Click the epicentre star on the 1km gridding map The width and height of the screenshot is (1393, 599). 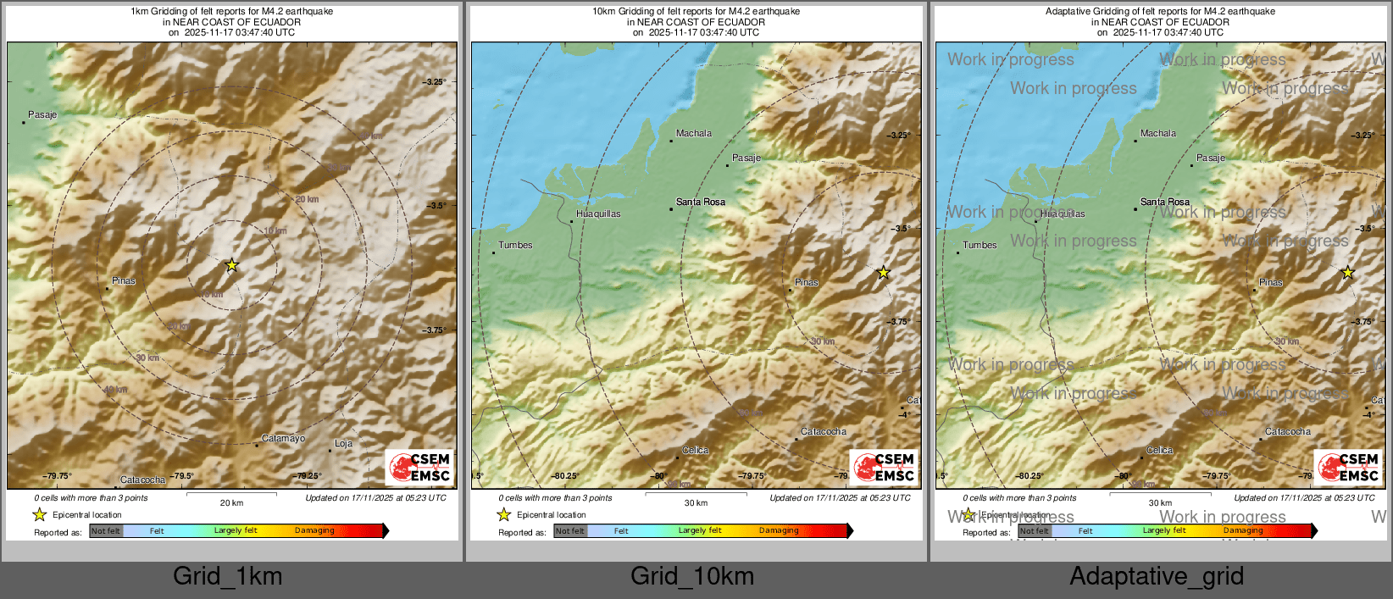pyautogui.click(x=231, y=265)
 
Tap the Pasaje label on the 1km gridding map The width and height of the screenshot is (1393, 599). pyautogui.click(x=42, y=115)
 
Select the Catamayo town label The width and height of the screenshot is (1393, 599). pyautogui.click(x=283, y=439)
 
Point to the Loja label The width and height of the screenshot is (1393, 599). pyautogui.click(x=343, y=444)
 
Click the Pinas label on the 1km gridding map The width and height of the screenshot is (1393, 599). pyautogui.click(x=124, y=281)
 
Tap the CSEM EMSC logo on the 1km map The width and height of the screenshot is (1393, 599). pyautogui.click(x=420, y=467)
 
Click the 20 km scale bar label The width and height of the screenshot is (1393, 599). pyautogui.click(x=231, y=503)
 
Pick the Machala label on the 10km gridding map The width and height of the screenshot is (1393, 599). pyautogui.click(x=694, y=134)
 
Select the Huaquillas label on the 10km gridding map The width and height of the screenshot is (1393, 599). pyautogui.click(x=598, y=214)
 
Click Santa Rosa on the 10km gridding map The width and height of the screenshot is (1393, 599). pyautogui.click(x=701, y=202)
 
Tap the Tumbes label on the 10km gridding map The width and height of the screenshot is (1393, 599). pyautogui.click(x=515, y=246)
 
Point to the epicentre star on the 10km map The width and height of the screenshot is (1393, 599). pyautogui.click(x=883, y=273)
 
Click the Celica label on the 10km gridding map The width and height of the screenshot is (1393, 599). pyautogui.click(x=696, y=451)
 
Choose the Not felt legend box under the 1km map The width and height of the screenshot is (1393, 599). pyautogui.click(x=106, y=531)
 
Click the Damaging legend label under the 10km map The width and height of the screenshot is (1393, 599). pyautogui.click(x=779, y=531)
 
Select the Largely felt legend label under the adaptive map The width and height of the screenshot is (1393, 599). pyautogui.click(x=1164, y=531)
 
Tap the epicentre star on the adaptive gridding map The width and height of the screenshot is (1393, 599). pyautogui.click(x=1347, y=273)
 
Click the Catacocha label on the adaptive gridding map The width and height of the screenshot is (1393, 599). pyautogui.click(x=1288, y=432)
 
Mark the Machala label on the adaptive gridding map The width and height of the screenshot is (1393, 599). pyautogui.click(x=1158, y=134)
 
